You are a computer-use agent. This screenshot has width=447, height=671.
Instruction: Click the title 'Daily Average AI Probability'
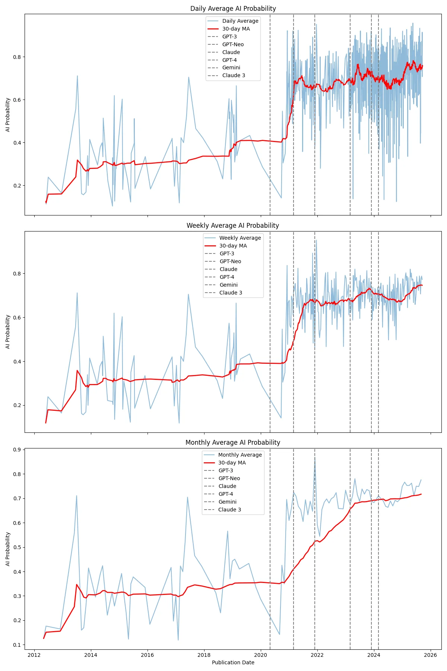tap(233, 9)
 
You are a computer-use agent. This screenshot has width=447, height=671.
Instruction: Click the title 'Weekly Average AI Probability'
tap(233, 226)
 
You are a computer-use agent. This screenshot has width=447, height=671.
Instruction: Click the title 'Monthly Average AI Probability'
tap(233, 442)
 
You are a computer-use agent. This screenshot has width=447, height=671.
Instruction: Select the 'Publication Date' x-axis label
tap(233, 662)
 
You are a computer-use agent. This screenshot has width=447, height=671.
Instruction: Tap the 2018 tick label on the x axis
tap(204, 655)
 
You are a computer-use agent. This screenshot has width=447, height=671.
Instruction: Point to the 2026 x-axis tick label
tap(430, 655)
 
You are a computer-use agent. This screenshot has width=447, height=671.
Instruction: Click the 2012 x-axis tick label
tap(34, 655)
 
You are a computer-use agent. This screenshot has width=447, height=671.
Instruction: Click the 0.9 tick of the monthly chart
tap(17, 450)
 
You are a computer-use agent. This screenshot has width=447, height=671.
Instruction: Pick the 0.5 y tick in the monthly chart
tap(17, 547)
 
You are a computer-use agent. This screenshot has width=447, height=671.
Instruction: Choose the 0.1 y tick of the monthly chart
tap(17, 645)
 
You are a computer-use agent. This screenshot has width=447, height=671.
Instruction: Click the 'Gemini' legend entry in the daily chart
tap(231, 67)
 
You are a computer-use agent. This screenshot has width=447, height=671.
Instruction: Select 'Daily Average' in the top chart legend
tap(240, 21)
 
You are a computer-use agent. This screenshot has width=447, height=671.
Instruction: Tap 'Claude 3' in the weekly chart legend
tap(231, 293)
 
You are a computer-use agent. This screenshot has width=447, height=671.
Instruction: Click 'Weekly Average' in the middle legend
tap(240, 238)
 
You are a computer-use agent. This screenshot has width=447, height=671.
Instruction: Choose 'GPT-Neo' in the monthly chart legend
tap(229, 478)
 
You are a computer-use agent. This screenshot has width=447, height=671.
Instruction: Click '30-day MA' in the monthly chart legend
tap(232, 463)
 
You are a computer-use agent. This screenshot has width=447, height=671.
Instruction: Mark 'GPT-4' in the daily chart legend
tap(229, 60)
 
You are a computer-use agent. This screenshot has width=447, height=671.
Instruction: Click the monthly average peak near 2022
tap(315, 458)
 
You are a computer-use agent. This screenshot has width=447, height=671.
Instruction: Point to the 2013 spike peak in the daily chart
tap(77, 76)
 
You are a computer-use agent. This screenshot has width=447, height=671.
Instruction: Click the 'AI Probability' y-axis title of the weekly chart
tap(8, 332)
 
